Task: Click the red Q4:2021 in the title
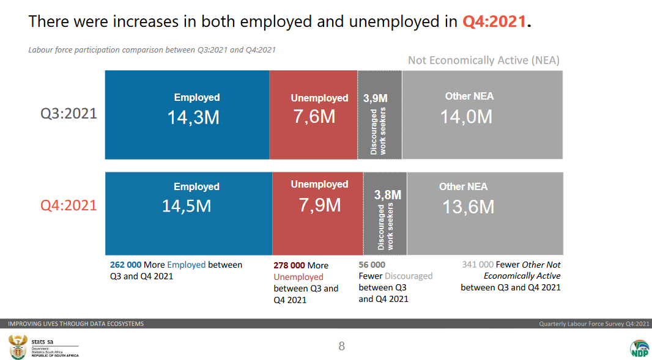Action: pyautogui.click(x=494, y=22)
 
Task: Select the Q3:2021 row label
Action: pyautogui.click(x=69, y=114)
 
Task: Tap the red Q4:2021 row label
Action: pyautogui.click(x=69, y=205)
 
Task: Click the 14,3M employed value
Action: pyautogui.click(x=193, y=117)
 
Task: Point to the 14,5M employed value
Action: pyautogui.click(x=187, y=206)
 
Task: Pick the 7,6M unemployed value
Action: pyautogui.click(x=314, y=116)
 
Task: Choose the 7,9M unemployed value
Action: pyautogui.click(x=320, y=205)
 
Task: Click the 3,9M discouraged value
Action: pyautogui.click(x=375, y=98)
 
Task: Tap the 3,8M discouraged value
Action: pyautogui.click(x=388, y=195)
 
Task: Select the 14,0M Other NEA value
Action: pyautogui.click(x=466, y=116)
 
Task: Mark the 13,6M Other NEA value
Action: pyautogui.click(x=468, y=207)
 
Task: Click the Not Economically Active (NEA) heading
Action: pyautogui.click(x=483, y=60)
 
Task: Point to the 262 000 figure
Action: pyautogui.click(x=126, y=265)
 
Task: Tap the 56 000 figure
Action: pyautogui.click(x=372, y=265)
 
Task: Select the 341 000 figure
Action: pyautogui.click(x=477, y=265)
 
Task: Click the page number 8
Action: pyautogui.click(x=341, y=347)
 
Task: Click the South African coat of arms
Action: pyautogui.click(x=17, y=347)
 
